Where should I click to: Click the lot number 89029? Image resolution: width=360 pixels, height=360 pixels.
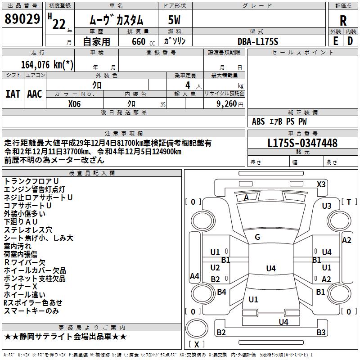(22, 20)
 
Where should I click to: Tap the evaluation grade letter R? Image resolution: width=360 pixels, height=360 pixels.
(343, 21)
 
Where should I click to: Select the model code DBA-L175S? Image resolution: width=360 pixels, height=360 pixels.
(258, 41)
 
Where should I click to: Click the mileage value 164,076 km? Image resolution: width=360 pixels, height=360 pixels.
(47, 65)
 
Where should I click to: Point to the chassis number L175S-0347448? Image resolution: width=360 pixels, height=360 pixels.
(302, 143)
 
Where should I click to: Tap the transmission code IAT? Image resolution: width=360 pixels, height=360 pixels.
(13, 94)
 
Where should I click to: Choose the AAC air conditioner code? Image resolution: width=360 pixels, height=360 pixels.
(35, 94)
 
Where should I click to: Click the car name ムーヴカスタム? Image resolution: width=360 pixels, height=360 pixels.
(116, 20)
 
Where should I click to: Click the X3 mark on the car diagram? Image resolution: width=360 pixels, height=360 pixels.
(321, 184)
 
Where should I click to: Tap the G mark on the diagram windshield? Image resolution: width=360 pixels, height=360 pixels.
(257, 237)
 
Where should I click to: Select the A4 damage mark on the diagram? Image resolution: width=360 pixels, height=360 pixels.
(194, 276)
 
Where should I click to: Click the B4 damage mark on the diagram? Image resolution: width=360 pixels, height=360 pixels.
(221, 292)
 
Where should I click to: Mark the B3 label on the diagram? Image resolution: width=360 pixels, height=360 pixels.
(320, 333)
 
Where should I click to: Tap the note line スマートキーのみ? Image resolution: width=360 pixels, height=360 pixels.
(31, 311)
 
